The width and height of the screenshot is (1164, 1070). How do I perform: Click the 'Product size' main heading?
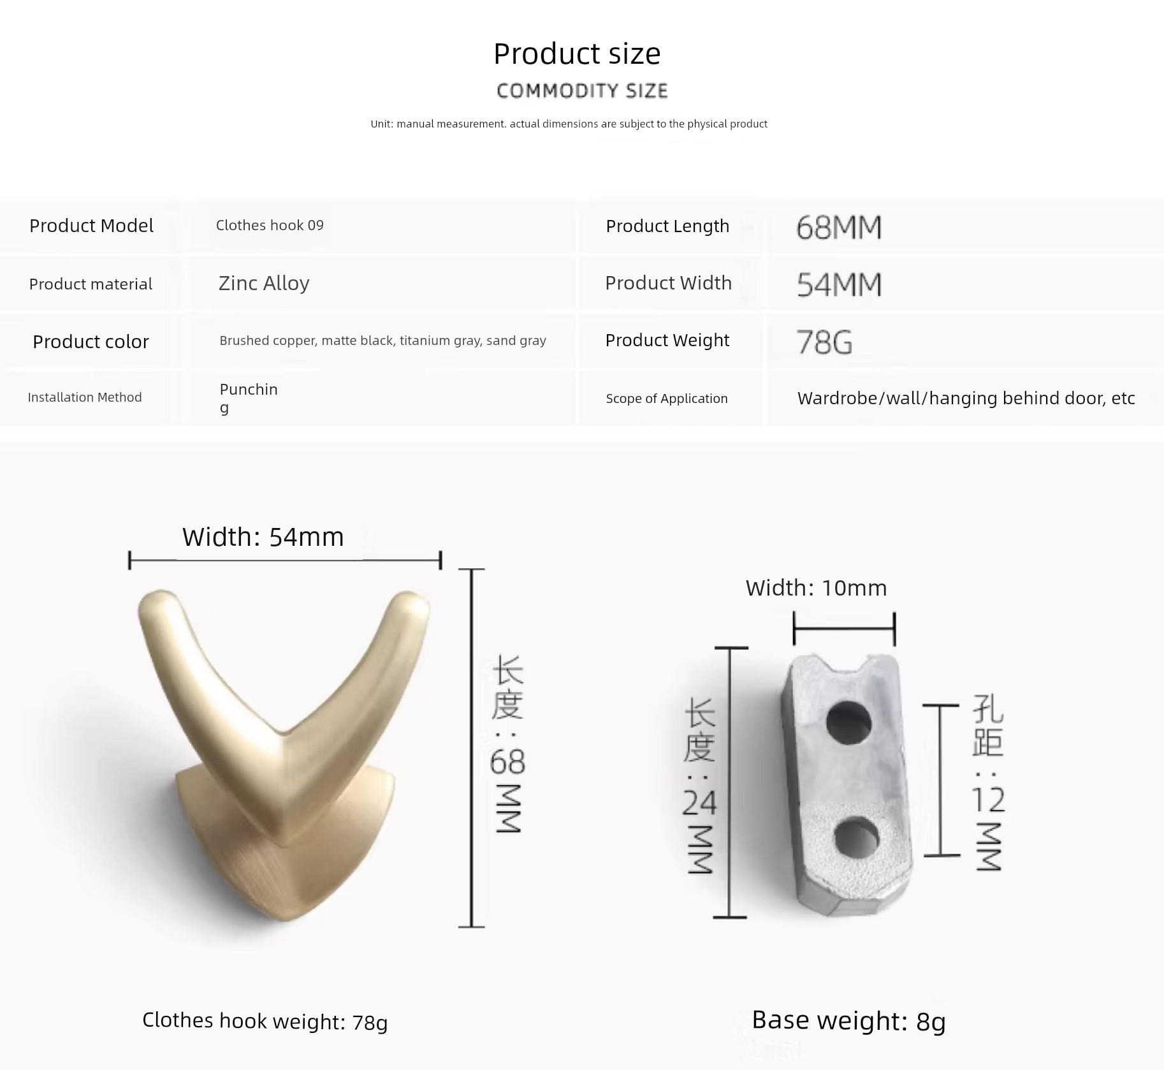click(577, 54)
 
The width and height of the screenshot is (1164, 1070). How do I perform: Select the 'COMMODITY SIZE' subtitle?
click(582, 91)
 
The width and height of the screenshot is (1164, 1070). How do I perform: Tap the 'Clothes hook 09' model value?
click(270, 225)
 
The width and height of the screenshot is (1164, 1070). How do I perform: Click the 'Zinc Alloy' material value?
click(264, 283)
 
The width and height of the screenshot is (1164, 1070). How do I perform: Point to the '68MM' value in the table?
click(839, 228)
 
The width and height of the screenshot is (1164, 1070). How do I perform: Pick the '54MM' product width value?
click(839, 284)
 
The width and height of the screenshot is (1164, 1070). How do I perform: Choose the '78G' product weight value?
click(824, 342)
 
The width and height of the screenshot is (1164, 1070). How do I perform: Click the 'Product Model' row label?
click(91, 226)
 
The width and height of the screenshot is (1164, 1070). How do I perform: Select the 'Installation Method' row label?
click(85, 397)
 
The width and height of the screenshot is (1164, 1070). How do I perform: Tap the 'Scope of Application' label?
click(667, 399)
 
